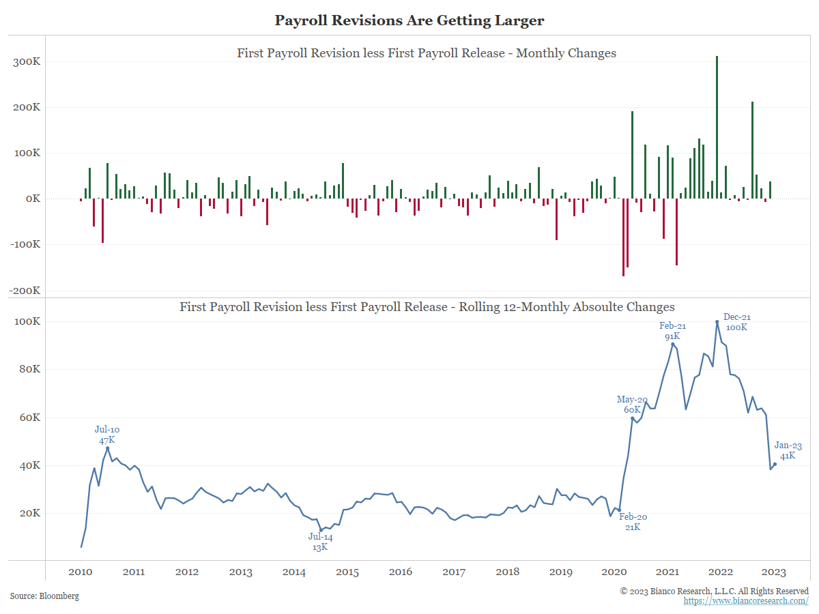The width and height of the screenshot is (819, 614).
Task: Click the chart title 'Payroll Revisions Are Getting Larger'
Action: pyautogui.click(x=409, y=20)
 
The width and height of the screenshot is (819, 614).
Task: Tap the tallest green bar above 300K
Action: pyautogui.click(x=717, y=127)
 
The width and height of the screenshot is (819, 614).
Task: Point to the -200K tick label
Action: pyautogui.click(x=25, y=290)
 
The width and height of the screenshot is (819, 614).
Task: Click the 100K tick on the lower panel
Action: pyautogui.click(x=27, y=321)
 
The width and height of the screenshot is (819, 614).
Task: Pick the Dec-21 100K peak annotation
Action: pyautogui.click(x=736, y=322)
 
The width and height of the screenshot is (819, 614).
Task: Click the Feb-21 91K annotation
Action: pyautogui.click(x=672, y=332)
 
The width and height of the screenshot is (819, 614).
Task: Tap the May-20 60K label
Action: pyautogui.click(x=632, y=405)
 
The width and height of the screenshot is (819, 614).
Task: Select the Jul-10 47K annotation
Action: pyautogui.click(x=107, y=435)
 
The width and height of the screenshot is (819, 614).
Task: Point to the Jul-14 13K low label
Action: pyautogui.click(x=320, y=542)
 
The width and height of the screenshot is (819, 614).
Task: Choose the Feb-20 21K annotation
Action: pyautogui.click(x=633, y=522)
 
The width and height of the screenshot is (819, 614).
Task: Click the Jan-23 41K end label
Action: pyautogui.click(x=788, y=450)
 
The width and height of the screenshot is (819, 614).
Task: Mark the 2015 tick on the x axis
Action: pyautogui.click(x=347, y=572)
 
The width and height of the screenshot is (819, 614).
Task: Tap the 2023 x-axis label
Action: pyautogui.click(x=774, y=572)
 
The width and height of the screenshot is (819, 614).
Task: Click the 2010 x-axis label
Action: pyautogui.click(x=81, y=572)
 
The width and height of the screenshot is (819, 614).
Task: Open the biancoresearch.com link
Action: pyautogui.click(x=746, y=601)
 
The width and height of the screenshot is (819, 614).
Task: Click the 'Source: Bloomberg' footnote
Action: pyautogui.click(x=44, y=596)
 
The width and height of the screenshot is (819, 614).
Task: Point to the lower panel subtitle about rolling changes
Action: pyautogui.click(x=427, y=307)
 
